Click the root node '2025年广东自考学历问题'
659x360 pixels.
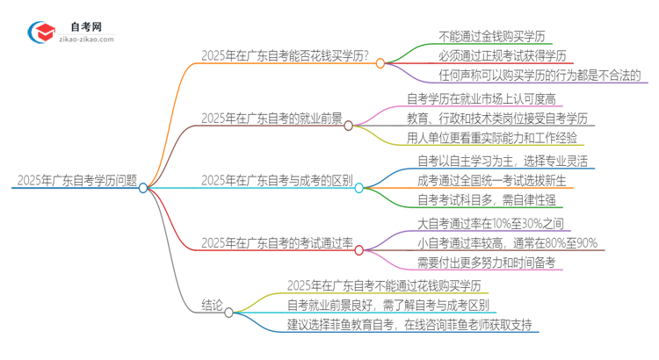click(x=76, y=182)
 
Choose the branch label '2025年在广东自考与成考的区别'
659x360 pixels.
click(x=277, y=181)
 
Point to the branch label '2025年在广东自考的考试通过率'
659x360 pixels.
click(x=276, y=242)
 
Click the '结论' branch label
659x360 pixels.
click(x=211, y=308)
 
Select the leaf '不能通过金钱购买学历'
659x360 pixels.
click(x=492, y=37)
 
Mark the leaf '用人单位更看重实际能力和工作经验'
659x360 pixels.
click(x=495, y=137)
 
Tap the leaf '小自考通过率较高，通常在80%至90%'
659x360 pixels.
click(x=507, y=243)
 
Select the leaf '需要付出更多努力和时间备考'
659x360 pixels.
click(x=486, y=262)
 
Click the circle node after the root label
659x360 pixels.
click(x=143, y=187)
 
